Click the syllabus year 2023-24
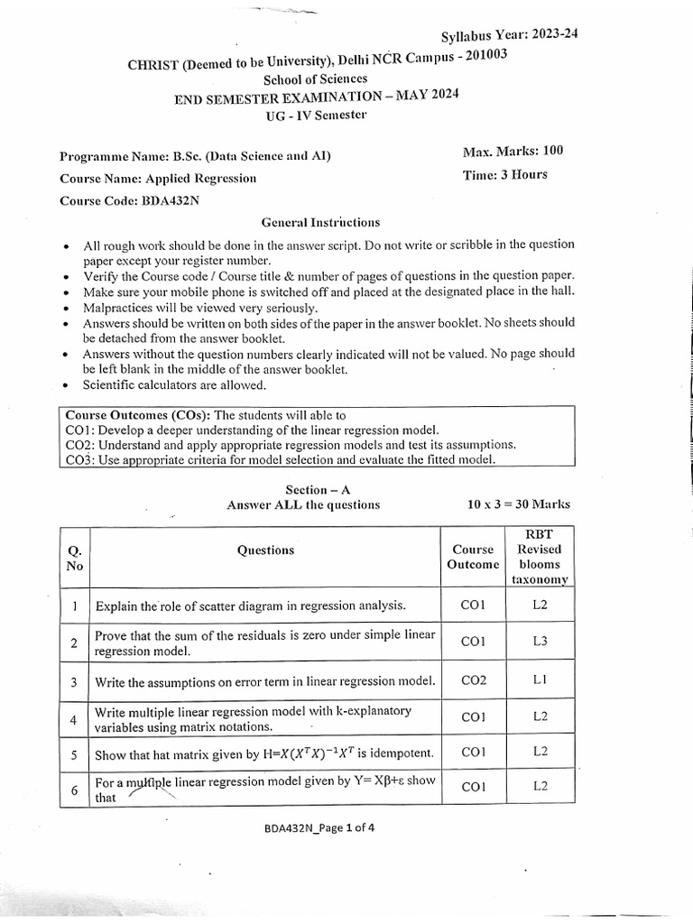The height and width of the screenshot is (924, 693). pos(548,35)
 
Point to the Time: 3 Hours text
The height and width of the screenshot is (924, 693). pos(504,175)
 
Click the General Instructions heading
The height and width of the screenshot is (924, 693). pos(320,222)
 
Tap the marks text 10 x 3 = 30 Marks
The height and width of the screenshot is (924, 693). pos(519,505)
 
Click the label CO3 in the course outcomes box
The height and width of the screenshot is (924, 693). pos(79,460)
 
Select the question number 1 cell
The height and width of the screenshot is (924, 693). pos(74,605)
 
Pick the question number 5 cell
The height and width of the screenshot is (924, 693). pos(74,753)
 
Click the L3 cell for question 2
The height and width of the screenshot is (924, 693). pos(540,642)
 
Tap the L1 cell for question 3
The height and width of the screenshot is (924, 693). pos(540,680)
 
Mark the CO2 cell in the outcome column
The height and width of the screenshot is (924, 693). pos(473,680)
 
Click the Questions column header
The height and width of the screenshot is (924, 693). pos(265,550)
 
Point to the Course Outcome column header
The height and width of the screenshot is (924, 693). pos(473,557)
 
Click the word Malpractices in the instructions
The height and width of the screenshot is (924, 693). pos(118,307)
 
